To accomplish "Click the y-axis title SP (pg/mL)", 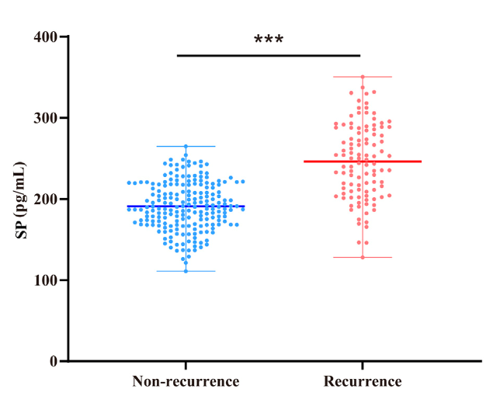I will (x=20, y=200).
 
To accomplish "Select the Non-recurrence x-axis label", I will (x=186, y=382).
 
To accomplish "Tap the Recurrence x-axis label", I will (x=363, y=382).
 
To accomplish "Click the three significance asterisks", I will (x=269, y=40).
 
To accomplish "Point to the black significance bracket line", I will (x=269, y=55).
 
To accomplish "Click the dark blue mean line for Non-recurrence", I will (x=186, y=207).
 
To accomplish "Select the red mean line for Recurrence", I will (x=363, y=162).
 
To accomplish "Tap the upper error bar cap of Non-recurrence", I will (x=186, y=146).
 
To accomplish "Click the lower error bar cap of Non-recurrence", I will (x=186, y=271).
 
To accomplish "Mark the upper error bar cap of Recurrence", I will (x=363, y=77).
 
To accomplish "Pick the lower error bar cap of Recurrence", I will (x=363, y=257).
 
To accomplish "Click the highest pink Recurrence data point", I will (x=363, y=77).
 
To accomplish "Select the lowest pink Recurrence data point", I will (x=363, y=257).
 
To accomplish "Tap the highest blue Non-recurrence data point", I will (x=186, y=146).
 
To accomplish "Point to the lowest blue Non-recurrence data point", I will (x=186, y=270).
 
